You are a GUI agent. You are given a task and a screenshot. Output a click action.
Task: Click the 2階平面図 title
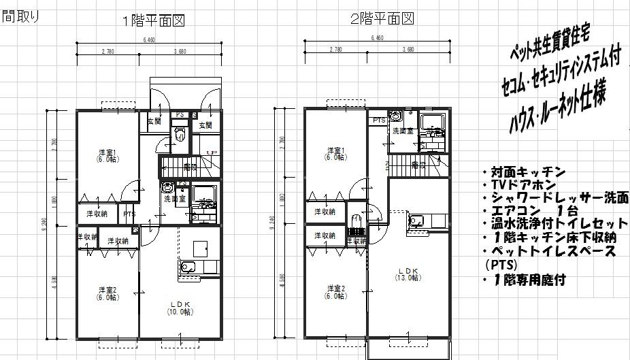pyautogui.click(x=382, y=20)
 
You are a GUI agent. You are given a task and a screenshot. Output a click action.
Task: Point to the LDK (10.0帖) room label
pyautogui.click(x=180, y=307)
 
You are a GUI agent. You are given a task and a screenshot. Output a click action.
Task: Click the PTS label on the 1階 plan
pyautogui.click(x=129, y=214)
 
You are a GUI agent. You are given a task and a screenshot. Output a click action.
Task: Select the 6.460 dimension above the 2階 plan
pyautogui.click(x=378, y=39)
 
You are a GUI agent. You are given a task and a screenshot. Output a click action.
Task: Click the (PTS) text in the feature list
pyautogui.click(x=501, y=265)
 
